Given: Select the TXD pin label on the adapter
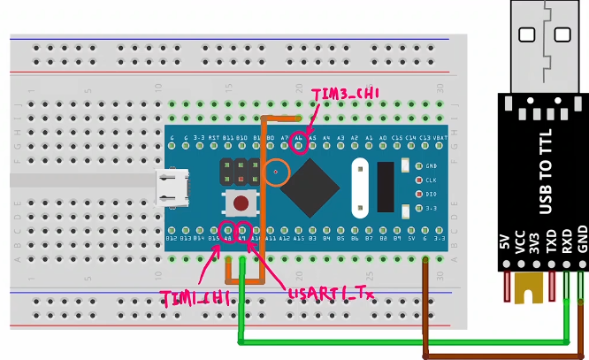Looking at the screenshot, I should click(x=551, y=251).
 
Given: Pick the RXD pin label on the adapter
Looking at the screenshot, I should click(x=566, y=251).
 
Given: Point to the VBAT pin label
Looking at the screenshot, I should click(x=440, y=139).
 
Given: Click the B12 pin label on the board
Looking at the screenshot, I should click(x=172, y=238).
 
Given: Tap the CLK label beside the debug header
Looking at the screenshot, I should click(x=430, y=180).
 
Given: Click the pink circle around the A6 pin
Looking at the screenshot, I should click(x=301, y=143).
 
